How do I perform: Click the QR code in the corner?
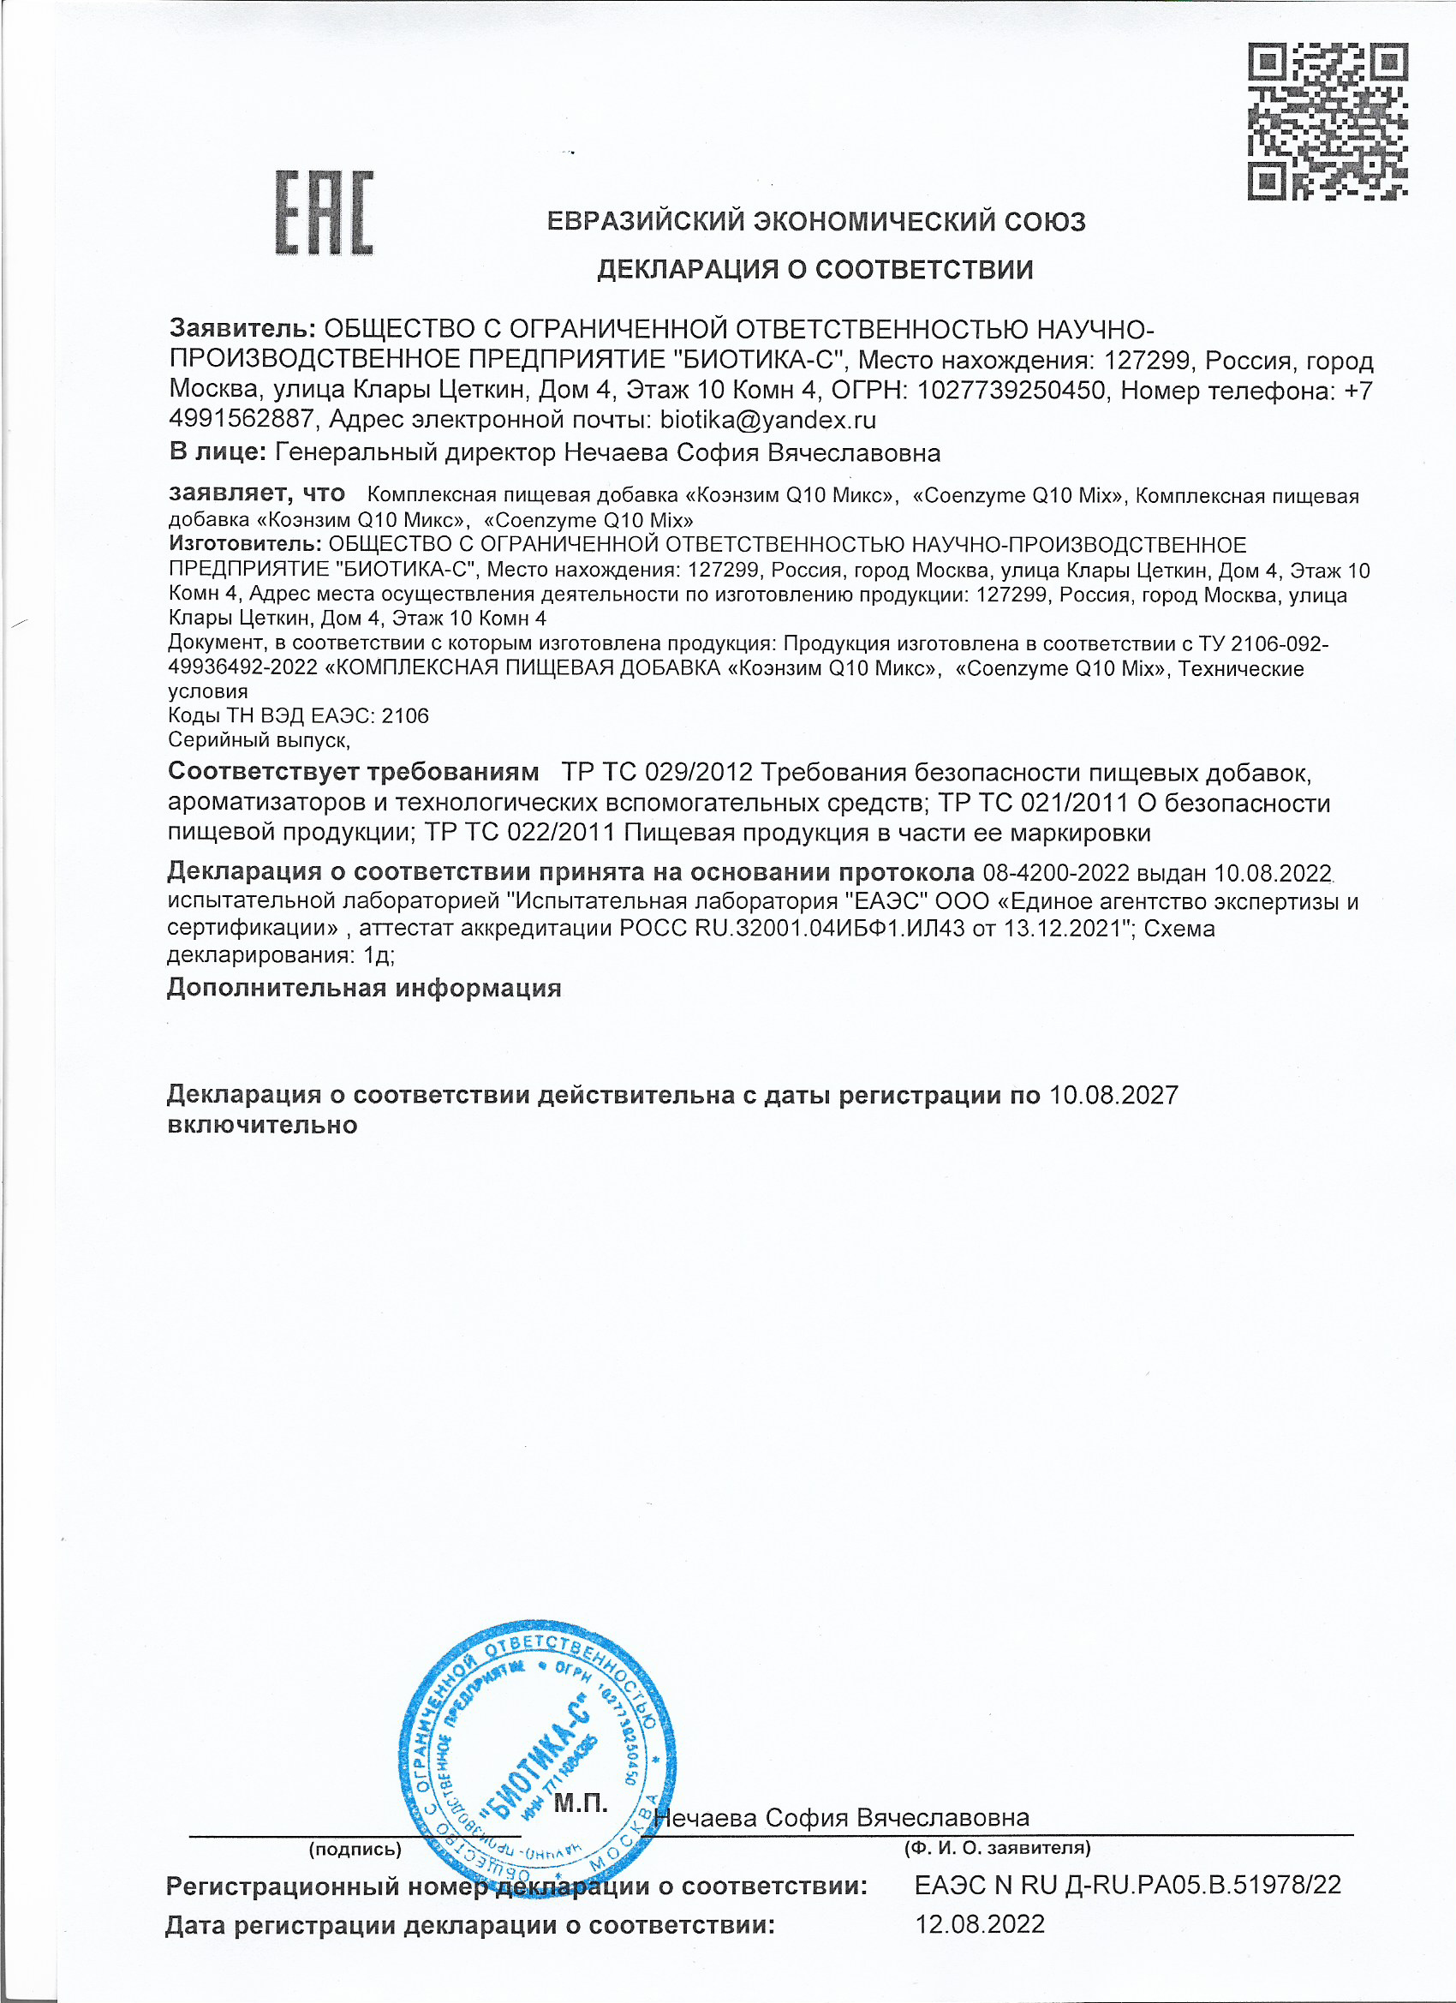point(1326,121)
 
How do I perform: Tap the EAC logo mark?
point(324,212)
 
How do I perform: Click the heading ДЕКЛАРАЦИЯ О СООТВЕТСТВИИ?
point(815,269)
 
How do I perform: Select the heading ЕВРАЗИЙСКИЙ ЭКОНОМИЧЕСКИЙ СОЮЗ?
point(816,221)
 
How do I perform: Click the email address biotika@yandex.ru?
point(767,419)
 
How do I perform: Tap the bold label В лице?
point(218,452)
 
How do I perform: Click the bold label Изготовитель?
point(245,544)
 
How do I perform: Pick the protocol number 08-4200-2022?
point(1055,872)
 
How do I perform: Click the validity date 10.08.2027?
point(1113,1095)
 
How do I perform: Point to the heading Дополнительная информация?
point(364,988)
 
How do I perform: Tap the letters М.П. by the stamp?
point(580,1802)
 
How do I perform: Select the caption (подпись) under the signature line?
point(355,1849)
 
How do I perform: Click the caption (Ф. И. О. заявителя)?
point(997,1848)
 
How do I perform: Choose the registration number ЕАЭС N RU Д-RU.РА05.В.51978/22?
point(1126,1885)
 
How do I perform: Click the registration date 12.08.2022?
point(979,1924)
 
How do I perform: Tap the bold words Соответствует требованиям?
point(353,771)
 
